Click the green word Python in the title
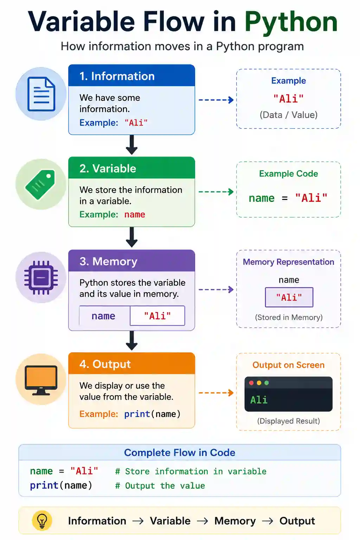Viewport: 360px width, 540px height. (291, 22)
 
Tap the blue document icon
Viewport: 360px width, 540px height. (41, 94)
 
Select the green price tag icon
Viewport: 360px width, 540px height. (40, 185)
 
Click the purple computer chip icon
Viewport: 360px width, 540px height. (41, 277)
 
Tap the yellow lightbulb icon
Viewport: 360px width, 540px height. (42, 521)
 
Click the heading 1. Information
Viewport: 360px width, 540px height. (117, 76)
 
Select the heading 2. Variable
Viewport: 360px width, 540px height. (108, 168)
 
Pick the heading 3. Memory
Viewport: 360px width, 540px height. (108, 261)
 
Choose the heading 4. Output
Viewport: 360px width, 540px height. (105, 364)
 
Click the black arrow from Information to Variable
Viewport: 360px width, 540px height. (131, 144)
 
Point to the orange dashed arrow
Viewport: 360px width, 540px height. (216, 393)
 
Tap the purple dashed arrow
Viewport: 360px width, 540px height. (216, 289)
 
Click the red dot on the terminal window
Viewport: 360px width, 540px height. (251, 383)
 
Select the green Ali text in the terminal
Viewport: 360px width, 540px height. (259, 400)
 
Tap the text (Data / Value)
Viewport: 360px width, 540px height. (289, 115)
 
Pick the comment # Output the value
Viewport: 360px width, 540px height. (160, 486)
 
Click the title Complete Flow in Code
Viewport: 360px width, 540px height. (180, 453)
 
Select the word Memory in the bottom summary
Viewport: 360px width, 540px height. (235, 521)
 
